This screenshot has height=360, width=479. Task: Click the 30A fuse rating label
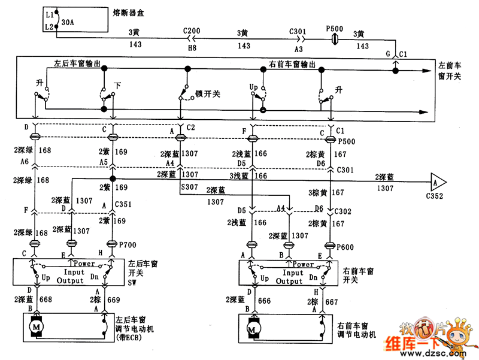point(69,23)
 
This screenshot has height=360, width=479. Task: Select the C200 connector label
point(192,31)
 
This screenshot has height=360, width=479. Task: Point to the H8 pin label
point(192,46)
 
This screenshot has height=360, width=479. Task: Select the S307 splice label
point(189,187)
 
